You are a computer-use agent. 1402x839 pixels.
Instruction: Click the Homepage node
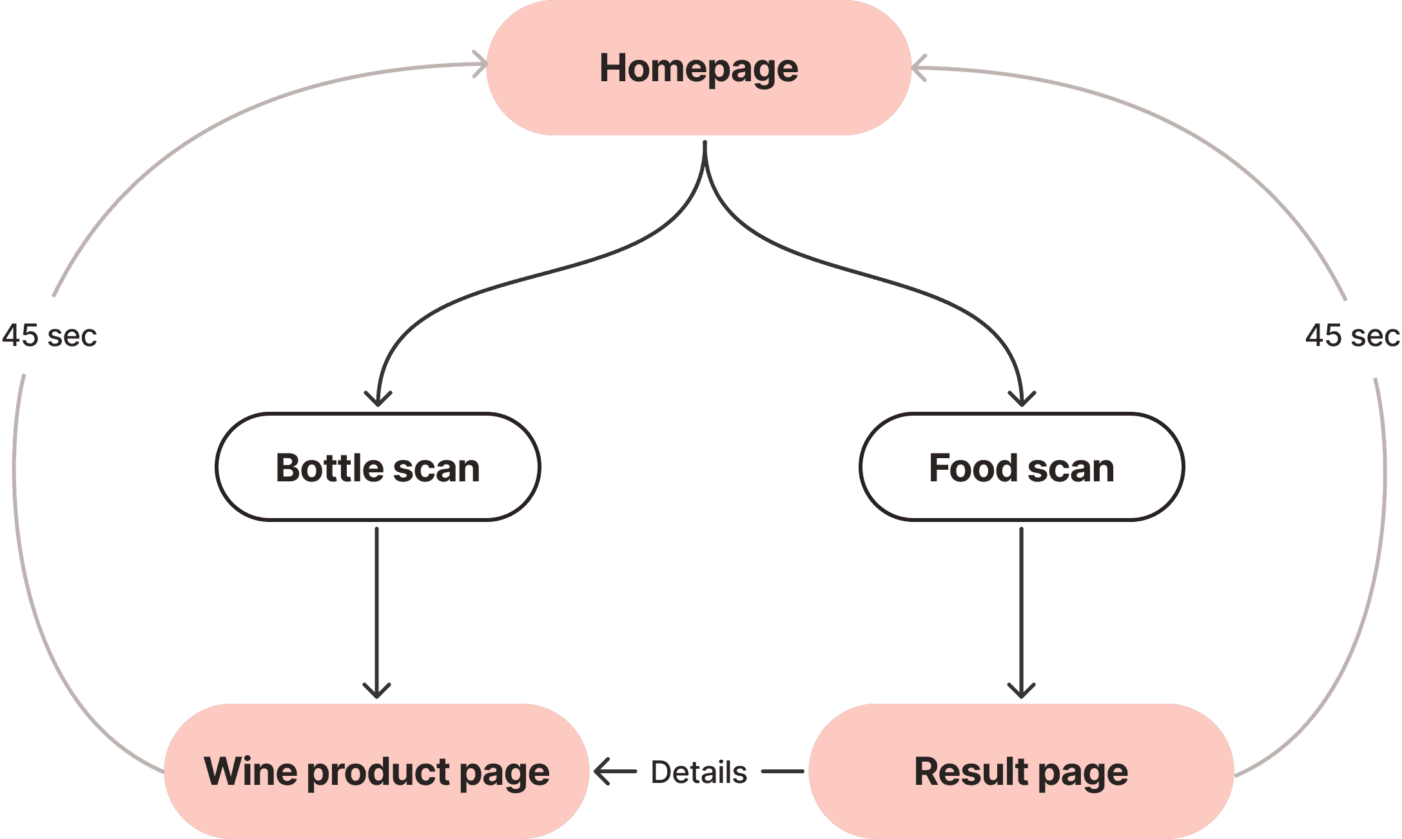click(x=699, y=68)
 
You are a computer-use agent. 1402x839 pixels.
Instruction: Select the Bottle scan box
click(x=378, y=467)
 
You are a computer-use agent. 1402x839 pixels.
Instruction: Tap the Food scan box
click(x=1022, y=467)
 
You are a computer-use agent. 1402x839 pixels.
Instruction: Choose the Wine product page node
click(x=376, y=771)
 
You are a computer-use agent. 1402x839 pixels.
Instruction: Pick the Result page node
click(x=1021, y=771)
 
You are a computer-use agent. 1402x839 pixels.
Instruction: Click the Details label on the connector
click(x=699, y=772)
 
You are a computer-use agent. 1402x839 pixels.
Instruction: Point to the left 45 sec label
click(x=50, y=336)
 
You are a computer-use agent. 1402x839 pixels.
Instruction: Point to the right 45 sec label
click(x=1352, y=336)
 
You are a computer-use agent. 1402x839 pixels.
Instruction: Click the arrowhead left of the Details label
click(x=602, y=771)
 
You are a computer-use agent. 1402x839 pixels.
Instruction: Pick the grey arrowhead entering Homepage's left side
click(x=481, y=64)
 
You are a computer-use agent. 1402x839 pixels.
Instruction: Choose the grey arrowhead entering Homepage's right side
click(x=918, y=67)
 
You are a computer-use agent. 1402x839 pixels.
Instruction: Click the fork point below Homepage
click(x=705, y=161)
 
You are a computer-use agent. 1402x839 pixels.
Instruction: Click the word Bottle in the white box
click(x=330, y=467)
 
